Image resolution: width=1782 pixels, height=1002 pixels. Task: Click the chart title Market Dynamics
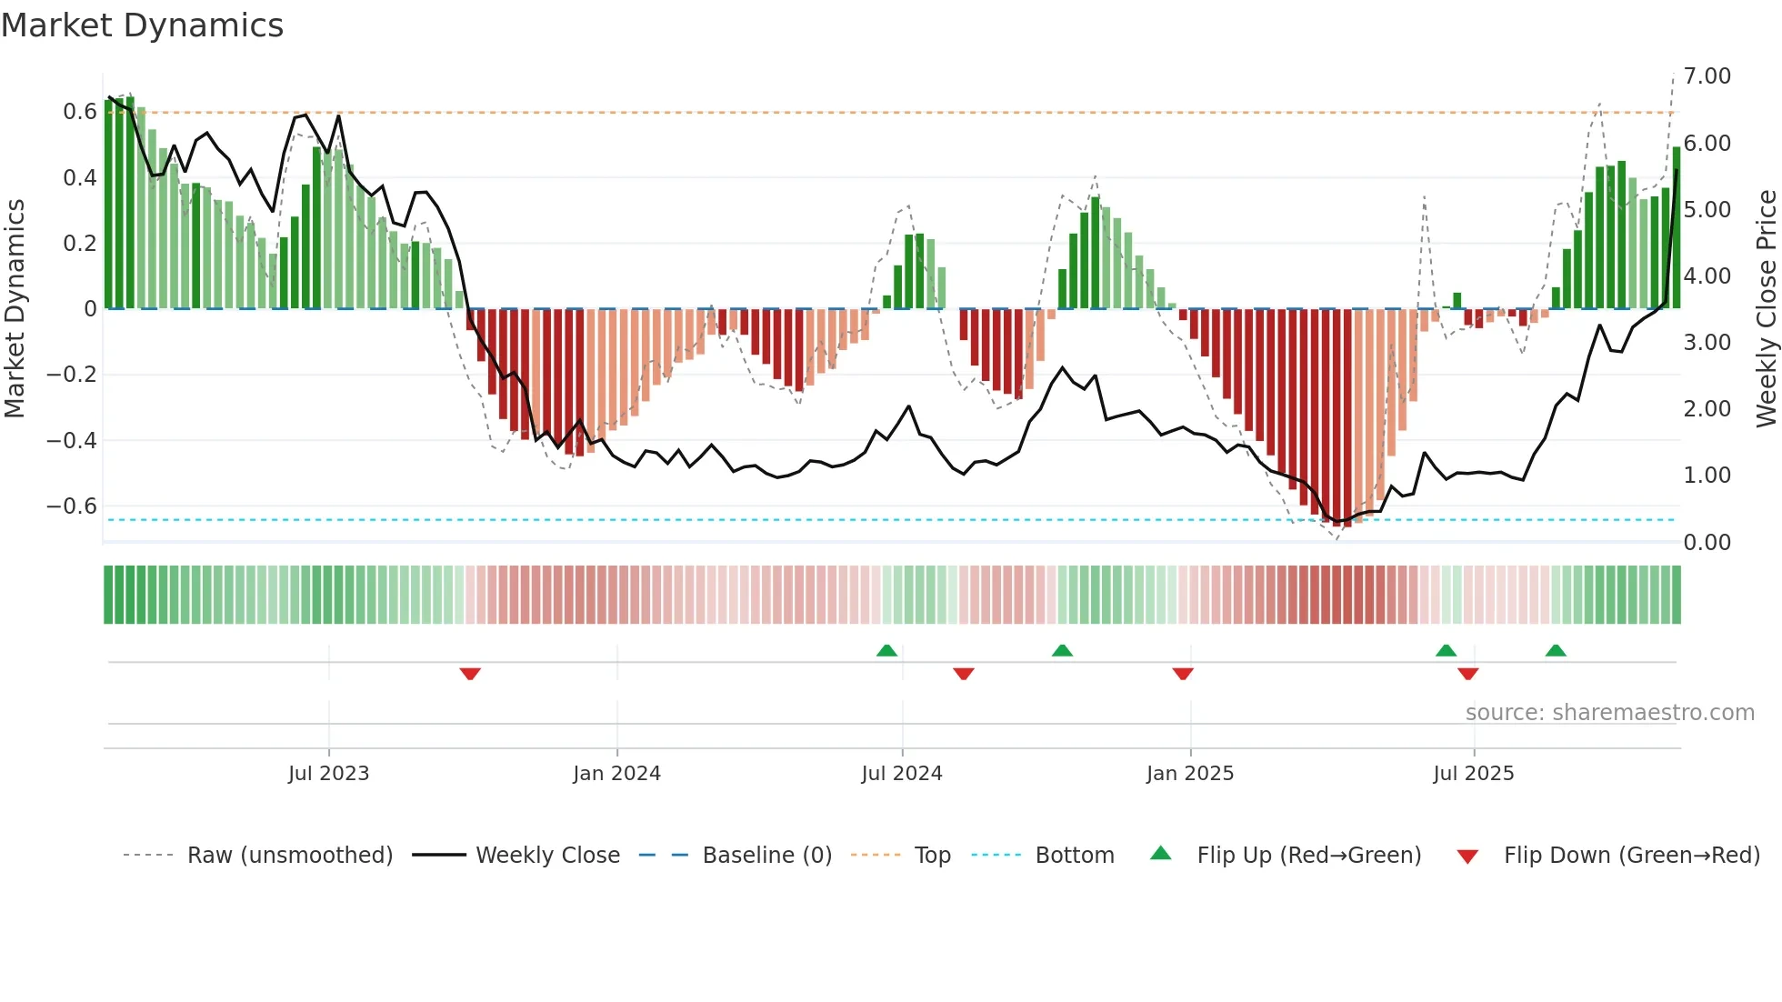(x=143, y=25)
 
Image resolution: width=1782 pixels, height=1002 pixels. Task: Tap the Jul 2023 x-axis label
(x=328, y=774)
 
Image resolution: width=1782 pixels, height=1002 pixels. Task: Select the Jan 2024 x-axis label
(x=616, y=774)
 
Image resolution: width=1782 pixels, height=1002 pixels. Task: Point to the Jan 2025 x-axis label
(x=1189, y=774)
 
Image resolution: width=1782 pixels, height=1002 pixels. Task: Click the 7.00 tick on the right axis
(x=1707, y=76)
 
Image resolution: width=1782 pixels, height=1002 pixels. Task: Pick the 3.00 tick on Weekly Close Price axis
(x=1707, y=343)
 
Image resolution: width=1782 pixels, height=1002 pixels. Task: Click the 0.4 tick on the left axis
(x=79, y=178)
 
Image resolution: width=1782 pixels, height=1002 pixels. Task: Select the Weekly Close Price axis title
(x=1766, y=309)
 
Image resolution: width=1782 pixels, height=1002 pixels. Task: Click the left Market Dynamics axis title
(x=15, y=309)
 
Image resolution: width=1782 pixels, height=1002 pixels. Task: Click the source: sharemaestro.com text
(x=1609, y=713)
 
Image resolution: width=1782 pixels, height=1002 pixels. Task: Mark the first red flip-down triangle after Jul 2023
(x=470, y=674)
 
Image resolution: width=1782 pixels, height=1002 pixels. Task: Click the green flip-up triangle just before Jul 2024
(x=886, y=650)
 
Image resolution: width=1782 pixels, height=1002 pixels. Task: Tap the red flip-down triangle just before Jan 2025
(x=1182, y=674)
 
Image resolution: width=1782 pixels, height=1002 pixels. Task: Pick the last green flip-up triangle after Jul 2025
(x=1556, y=650)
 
